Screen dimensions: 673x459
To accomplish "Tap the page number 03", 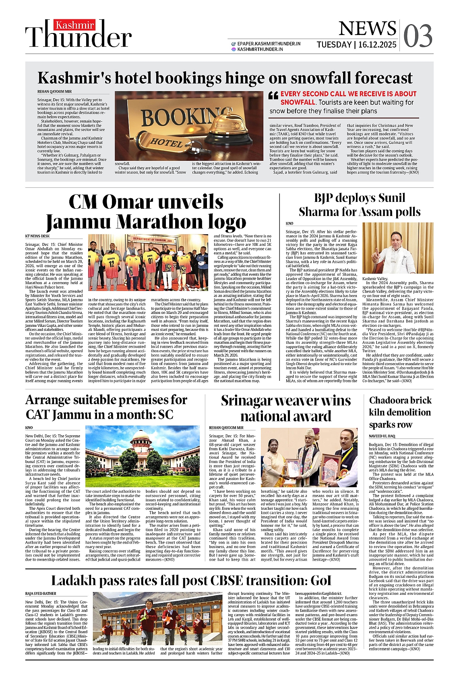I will pos(418,35).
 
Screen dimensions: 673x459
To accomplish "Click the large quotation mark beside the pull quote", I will pos(273,96).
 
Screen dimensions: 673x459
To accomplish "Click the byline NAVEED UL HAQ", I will pos(382,436).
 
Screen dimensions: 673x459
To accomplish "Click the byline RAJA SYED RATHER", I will pos(41,594).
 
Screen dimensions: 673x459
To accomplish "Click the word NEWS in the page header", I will pos(367,29).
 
